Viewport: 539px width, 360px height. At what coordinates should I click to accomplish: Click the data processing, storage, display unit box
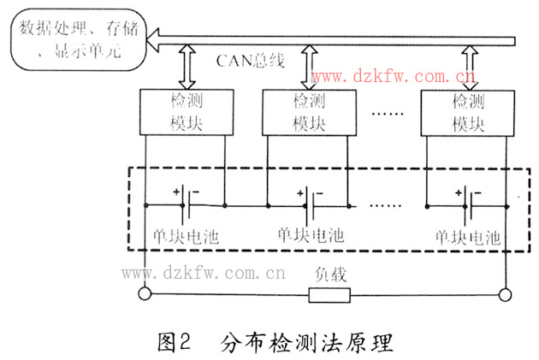click(72, 39)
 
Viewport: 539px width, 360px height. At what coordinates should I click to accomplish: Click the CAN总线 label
click(249, 61)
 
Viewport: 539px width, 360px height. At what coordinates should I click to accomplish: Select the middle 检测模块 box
click(309, 112)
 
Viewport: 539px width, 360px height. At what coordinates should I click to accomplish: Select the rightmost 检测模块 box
click(465, 112)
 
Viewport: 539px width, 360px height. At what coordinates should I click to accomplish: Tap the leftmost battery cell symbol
click(187, 205)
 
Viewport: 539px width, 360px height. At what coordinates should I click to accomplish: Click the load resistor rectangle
click(329, 296)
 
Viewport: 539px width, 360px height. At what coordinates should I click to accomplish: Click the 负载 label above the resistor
click(329, 275)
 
